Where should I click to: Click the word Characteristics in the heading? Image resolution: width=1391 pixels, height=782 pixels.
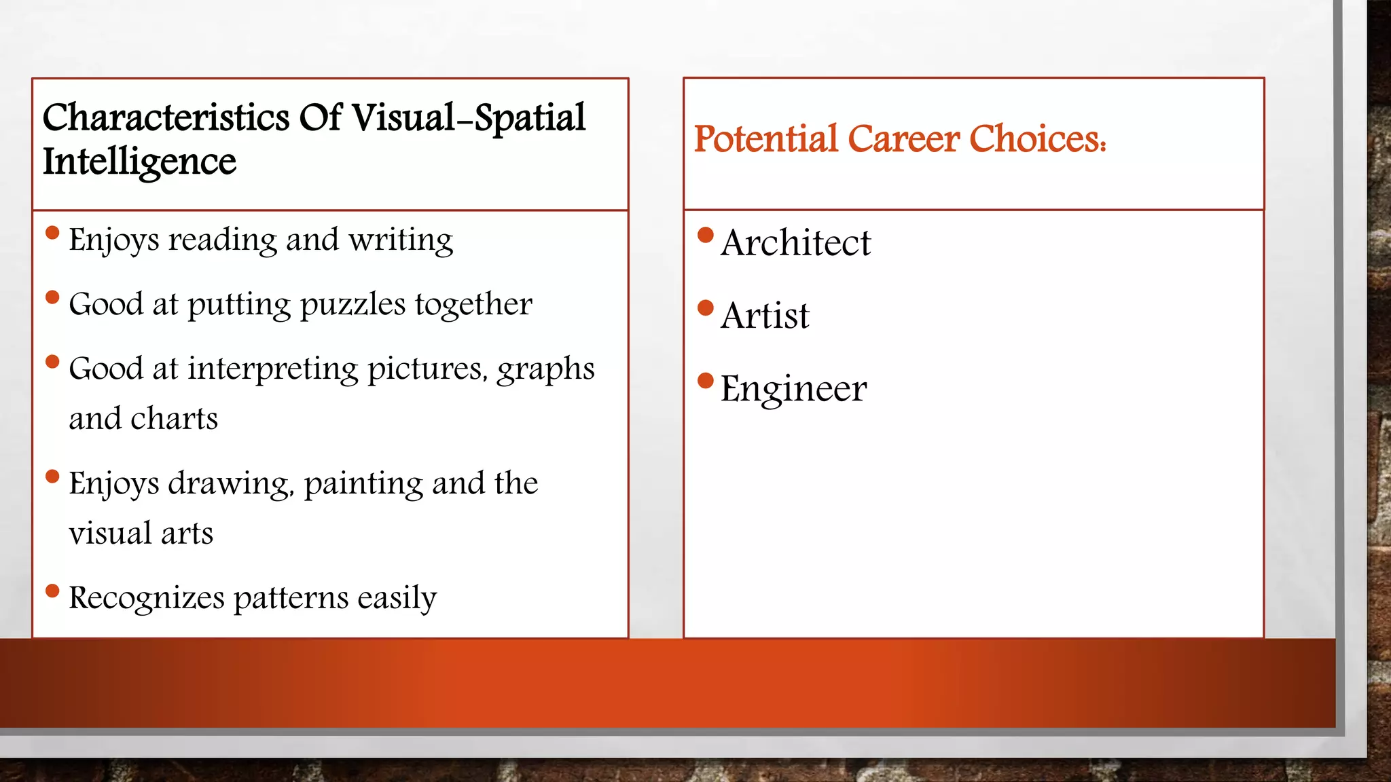click(x=166, y=118)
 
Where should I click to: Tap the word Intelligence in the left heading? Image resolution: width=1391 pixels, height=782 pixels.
click(x=139, y=162)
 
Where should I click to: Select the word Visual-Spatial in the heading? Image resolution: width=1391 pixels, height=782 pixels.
click(x=468, y=118)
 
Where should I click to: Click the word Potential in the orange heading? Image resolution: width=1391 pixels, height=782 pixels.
click(x=765, y=139)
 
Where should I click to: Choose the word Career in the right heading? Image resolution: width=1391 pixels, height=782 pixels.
click(x=903, y=139)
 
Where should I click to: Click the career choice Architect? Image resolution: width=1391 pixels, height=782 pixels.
click(x=795, y=243)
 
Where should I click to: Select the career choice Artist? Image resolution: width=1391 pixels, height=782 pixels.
click(x=765, y=316)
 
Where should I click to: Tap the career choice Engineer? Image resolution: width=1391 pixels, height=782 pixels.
click(x=793, y=389)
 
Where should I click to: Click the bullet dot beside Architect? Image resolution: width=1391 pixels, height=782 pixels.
click(x=706, y=235)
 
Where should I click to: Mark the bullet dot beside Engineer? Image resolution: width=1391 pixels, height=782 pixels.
click(x=706, y=381)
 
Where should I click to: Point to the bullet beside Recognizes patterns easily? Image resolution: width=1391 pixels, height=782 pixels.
click(x=52, y=591)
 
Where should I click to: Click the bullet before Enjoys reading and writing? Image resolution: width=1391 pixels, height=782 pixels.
click(x=52, y=233)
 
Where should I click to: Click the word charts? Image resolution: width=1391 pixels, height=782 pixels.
click(x=174, y=419)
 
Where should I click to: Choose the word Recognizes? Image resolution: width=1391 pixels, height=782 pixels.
click(x=146, y=598)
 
